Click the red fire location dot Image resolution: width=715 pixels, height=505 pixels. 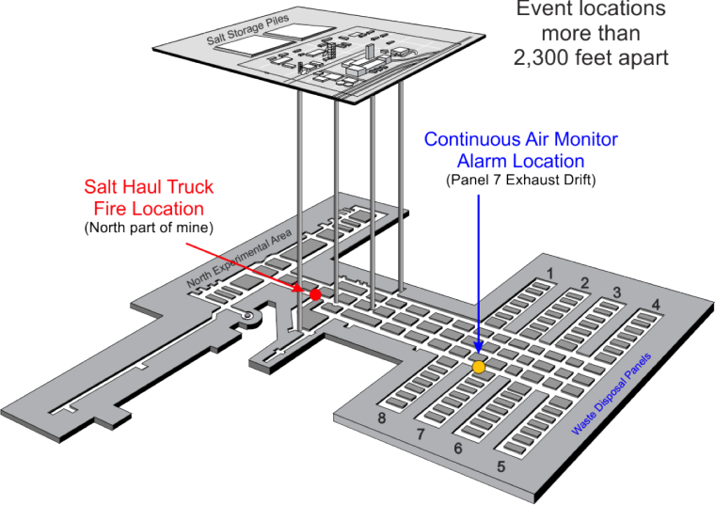click(315, 294)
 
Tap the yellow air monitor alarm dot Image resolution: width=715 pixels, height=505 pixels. click(478, 367)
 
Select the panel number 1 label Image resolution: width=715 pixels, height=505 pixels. click(550, 274)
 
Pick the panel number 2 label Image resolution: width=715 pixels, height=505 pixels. click(584, 283)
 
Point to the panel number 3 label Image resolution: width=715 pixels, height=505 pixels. click(616, 292)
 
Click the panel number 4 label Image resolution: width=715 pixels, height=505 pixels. click(656, 304)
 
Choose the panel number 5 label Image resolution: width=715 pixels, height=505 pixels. click(501, 466)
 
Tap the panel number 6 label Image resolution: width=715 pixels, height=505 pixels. click(458, 448)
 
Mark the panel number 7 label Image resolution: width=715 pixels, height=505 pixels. click(421, 434)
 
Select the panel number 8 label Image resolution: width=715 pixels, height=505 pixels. click(382, 418)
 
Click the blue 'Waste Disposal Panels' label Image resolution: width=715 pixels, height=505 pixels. click(611, 394)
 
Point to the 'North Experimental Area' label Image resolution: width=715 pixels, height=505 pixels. click(238, 259)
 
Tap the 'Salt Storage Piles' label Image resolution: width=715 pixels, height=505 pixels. click(247, 30)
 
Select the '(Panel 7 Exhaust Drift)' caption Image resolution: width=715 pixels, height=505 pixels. click(521, 180)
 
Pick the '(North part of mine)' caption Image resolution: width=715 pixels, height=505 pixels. click(149, 227)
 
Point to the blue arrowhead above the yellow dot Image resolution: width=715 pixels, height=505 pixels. click(478, 348)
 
